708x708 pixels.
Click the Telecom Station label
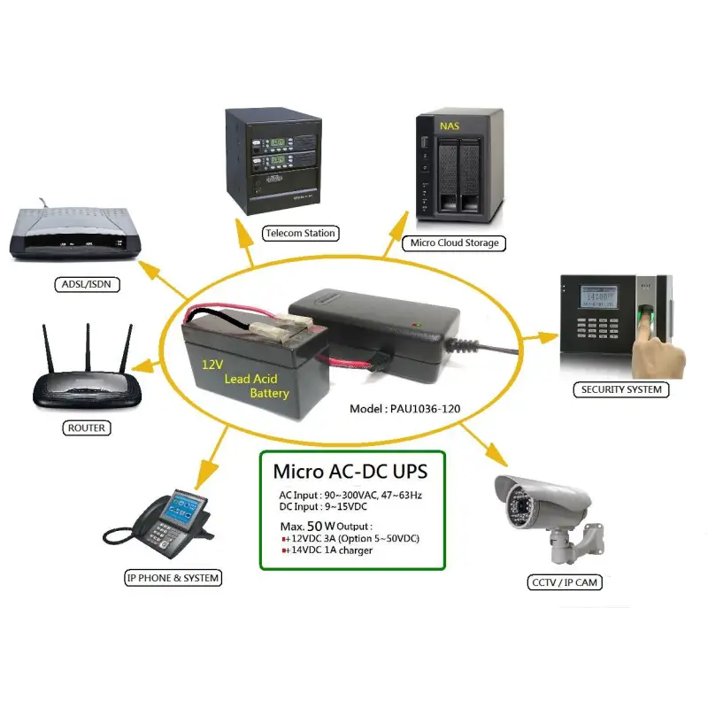pos(300,233)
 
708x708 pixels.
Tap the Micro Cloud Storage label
pos(454,242)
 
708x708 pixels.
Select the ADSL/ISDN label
pos(87,284)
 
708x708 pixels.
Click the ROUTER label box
pos(86,427)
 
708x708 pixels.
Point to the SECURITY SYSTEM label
pos(621,389)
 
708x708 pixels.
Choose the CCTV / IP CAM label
pos(565,582)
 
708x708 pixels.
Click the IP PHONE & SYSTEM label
pos(173,578)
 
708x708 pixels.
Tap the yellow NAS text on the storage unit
pos(450,126)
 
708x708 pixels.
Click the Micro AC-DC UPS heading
pos(350,472)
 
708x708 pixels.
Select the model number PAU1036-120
pos(426,409)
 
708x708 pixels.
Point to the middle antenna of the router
pos(88,348)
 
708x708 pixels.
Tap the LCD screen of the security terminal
pos(599,297)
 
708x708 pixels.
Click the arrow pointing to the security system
pos(541,337)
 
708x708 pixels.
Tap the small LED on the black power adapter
pos(416,324)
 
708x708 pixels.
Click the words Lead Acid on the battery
pos(250,379)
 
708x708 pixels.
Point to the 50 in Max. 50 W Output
pos(315,526)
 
